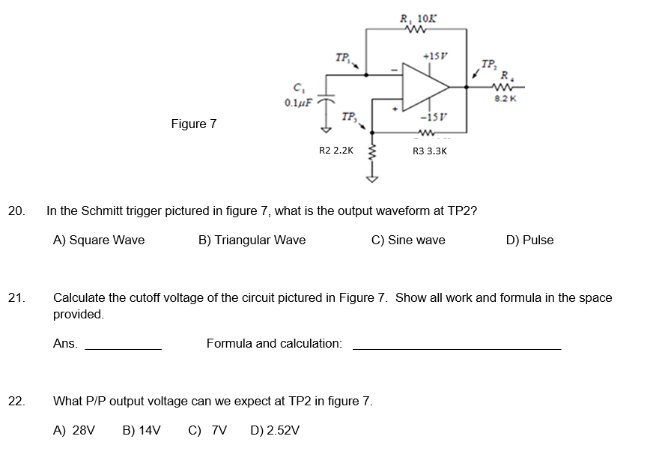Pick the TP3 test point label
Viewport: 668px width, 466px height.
(348, 117)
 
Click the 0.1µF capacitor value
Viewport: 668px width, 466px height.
(297, 101)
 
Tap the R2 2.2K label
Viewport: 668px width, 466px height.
(336, 151)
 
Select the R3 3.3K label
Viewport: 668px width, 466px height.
(430, 151)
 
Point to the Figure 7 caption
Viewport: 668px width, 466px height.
(194, 124)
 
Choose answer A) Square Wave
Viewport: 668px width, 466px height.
(99, 240)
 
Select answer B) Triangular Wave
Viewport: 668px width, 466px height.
(252, 240)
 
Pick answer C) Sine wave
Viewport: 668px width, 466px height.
(408, 240)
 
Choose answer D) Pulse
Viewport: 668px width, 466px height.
(529, 240)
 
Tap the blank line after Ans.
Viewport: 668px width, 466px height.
(123, 348)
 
